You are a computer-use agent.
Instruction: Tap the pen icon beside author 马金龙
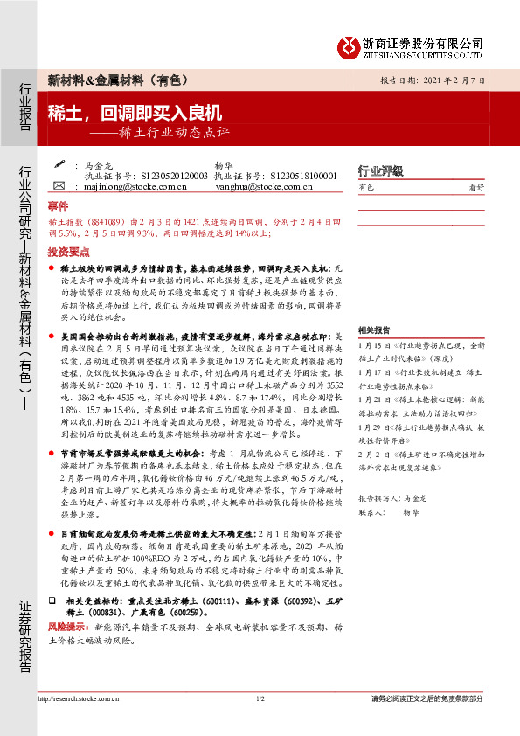[59, 163]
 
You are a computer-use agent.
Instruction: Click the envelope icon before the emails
[59, 186]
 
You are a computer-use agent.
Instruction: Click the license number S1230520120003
[165, 175]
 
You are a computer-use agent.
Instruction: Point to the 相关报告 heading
[374, 330]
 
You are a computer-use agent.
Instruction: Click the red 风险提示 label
[66, 627]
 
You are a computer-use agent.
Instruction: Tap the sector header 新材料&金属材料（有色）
[117, 80]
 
